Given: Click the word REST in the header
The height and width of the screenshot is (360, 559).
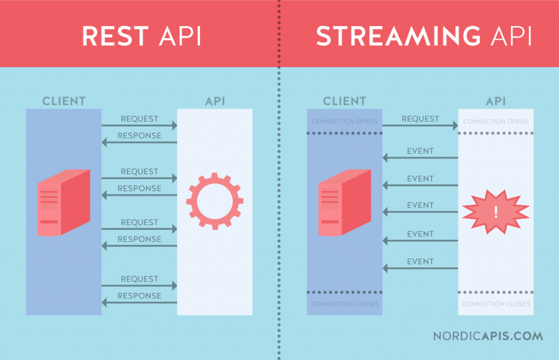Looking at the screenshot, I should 115,36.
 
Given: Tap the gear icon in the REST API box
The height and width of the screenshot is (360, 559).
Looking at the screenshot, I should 215,201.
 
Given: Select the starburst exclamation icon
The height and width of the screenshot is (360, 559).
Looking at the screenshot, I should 496,212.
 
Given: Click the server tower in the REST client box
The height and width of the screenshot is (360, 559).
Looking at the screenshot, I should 63,203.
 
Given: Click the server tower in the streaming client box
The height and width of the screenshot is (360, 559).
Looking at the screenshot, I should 344,203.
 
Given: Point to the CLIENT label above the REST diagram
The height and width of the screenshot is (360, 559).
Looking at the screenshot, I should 64,101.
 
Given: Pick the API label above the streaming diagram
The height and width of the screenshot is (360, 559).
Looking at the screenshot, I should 496,101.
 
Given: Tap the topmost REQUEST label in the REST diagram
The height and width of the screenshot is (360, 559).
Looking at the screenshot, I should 139,119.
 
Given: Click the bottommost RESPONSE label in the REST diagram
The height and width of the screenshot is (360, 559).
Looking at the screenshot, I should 139,296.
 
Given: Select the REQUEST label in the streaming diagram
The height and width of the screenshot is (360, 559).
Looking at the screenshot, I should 420,119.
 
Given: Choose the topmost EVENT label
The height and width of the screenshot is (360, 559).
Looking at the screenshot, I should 420,151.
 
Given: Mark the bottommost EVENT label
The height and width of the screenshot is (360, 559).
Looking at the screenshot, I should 420,262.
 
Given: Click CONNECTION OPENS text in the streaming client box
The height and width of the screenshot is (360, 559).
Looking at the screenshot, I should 344,121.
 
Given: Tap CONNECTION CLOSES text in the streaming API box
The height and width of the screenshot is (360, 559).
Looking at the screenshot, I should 496,304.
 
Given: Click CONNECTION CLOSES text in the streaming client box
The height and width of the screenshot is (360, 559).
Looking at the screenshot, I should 344,304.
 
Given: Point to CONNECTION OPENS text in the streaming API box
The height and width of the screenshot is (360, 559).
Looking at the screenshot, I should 496,121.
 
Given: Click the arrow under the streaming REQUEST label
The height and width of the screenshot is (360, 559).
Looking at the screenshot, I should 420,126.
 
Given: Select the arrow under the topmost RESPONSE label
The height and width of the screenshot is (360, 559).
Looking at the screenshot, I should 139,143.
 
